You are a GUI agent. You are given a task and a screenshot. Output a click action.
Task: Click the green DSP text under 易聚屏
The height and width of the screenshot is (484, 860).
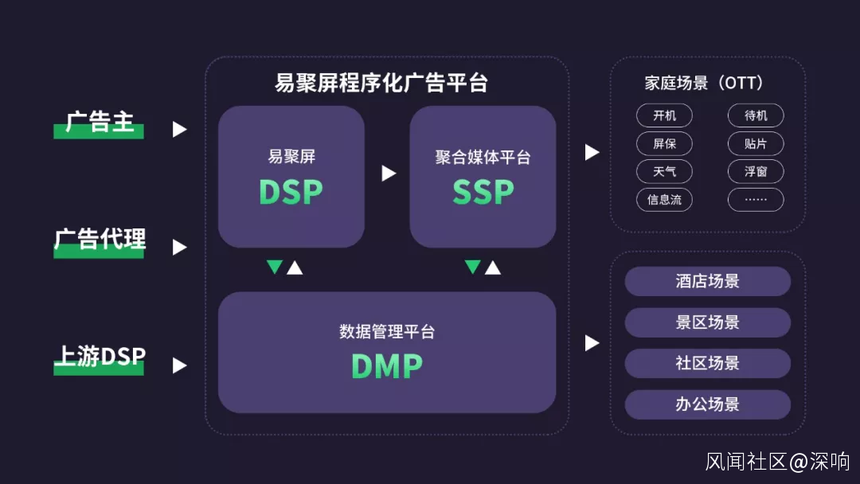click(291, 192)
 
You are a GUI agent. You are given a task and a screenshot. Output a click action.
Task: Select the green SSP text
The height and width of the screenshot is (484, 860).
click(483, 192)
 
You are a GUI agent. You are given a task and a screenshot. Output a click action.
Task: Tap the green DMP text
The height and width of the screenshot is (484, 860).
click(387, 365)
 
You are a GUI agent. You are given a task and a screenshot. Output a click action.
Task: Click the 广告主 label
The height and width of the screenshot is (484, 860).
click(100, 123)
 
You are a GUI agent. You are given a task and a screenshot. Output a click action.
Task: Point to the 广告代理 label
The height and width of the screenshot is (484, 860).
click(100, 239)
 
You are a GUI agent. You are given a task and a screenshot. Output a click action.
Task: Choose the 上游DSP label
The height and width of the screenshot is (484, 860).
click(100, 357)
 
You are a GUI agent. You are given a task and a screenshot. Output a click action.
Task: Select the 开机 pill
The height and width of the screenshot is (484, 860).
click(664, 116)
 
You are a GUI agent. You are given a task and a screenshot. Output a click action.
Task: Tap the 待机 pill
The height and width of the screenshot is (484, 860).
click(756, 116)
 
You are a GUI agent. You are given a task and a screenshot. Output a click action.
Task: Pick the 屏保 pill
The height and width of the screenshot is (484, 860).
click(664, 144)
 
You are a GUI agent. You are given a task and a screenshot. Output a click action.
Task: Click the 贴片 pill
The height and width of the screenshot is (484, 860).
click(756, 144)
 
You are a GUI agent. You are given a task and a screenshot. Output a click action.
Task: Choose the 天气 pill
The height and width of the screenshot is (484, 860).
click(664, 172)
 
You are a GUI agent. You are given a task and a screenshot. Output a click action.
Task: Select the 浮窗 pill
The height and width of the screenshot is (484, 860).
click(756, 172)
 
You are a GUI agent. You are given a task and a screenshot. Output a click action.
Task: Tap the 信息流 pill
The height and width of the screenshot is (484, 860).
click(664, 200)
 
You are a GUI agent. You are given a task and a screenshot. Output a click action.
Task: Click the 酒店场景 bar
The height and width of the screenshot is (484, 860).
click(707, 281)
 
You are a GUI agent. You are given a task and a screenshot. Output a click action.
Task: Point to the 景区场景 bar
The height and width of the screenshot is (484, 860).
click(707, 322)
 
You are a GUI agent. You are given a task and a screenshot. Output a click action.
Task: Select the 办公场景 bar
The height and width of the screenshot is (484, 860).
click(707, 404)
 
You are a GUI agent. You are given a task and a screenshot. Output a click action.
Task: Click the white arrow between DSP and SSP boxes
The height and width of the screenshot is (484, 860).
click(388, 173)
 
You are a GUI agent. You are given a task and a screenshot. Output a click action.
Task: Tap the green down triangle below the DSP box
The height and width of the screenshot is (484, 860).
click(275, 267)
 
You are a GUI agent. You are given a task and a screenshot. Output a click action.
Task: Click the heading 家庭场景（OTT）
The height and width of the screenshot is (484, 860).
click(704, 83)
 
